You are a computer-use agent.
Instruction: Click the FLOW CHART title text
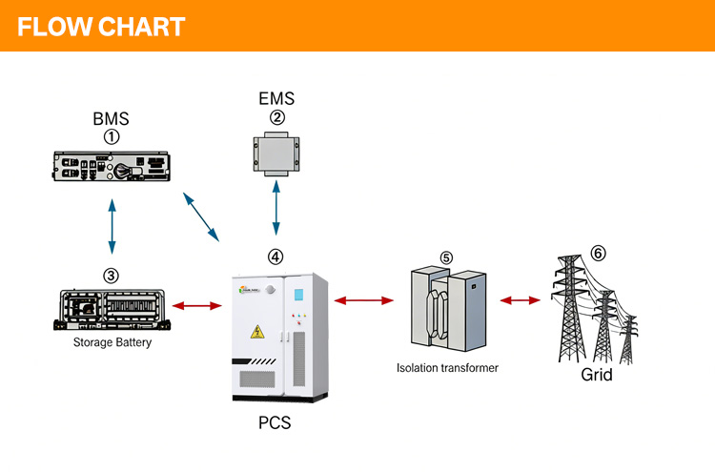(101, 26)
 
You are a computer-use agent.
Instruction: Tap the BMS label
(111, 119)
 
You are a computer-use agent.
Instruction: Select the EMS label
(276, 98)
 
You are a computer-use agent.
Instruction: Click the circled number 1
(112, 136)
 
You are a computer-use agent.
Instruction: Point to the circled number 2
(276, 117)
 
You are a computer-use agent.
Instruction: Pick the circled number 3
(111, 276)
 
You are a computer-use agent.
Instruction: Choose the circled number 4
(276, 257)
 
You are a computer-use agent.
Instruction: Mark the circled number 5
(447, 257)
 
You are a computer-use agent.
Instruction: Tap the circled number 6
(598, 253)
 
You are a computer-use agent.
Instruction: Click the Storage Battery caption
(112, 342)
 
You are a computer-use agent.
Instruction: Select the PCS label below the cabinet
(274, 421)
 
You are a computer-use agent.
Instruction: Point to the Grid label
(597, 375)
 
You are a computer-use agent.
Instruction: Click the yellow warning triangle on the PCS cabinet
(256, 331)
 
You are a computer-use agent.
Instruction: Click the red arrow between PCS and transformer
(364, 301)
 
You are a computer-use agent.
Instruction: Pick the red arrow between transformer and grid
(521, 300)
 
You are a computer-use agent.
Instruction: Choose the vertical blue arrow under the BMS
(112, 226)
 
